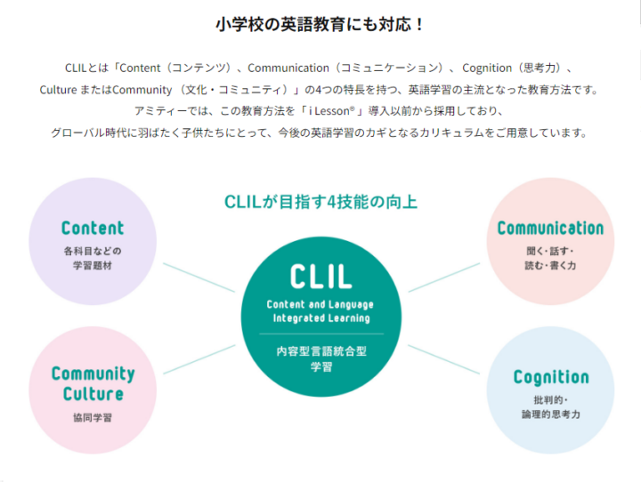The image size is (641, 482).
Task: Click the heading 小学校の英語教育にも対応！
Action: pos(320,24)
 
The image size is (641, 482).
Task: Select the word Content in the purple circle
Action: pos(93,229)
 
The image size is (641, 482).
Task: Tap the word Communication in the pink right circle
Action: pos(550,229)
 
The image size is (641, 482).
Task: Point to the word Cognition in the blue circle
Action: pos(551,377)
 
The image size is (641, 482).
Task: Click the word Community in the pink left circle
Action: pos(93,374)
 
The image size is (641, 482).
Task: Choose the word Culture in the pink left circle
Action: pos(93,394)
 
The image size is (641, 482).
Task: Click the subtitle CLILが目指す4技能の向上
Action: pos(320,202)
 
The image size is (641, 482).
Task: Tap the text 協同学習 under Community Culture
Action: pos(93,416)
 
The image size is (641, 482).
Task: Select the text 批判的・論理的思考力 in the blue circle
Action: pos(551,407)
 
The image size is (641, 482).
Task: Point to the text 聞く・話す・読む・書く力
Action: pos(550,258)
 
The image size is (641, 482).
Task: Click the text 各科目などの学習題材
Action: pos(93,258)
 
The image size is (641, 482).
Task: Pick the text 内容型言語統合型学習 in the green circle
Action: pos(320,358)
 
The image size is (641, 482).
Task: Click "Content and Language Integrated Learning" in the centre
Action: pos(320,311)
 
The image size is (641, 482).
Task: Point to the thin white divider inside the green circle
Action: pos(320,333)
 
